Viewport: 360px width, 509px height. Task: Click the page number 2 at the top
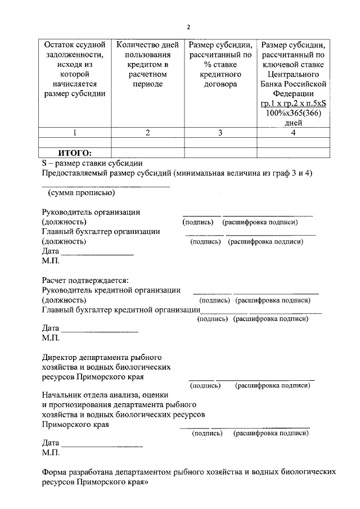pos(189,26)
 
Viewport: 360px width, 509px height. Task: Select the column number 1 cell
pos(74,133)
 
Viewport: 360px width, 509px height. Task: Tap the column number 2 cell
pos(147,133)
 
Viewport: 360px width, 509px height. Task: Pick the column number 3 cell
pos(220,133)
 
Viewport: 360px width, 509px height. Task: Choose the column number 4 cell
pos(293,133)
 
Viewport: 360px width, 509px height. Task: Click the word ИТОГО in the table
pos(75,152)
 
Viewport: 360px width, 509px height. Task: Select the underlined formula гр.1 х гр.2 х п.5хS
pos(294,104)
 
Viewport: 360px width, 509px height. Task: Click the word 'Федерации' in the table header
pos(294,94)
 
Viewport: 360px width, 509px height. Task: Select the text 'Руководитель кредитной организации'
pos(111,290)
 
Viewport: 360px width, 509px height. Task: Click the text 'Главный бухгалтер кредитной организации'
pos(121,310)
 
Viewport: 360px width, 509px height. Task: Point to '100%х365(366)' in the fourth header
pos(294,114)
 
